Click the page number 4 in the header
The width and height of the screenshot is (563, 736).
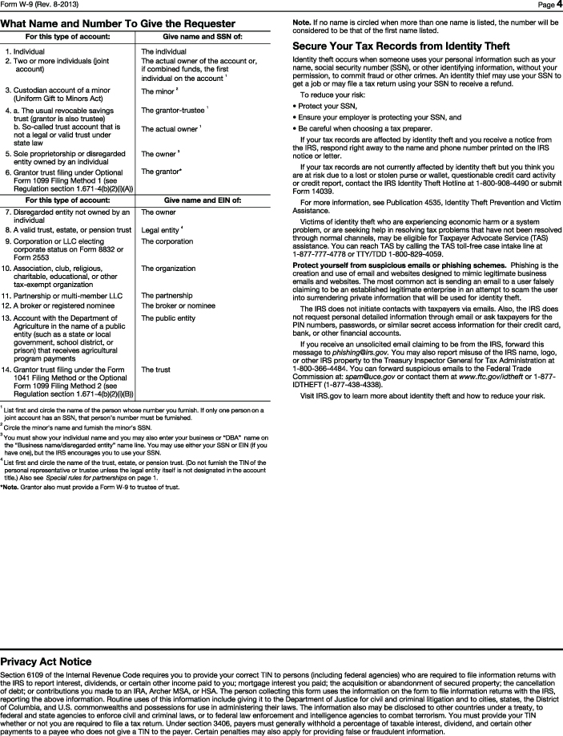(x=557, y=5)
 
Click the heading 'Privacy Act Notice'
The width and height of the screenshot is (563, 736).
(x=46, y=661)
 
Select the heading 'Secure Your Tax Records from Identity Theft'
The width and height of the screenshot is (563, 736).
(x=401, y=47)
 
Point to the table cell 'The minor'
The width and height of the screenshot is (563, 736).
(x=157, y=91)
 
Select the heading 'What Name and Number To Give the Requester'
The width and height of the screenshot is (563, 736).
(x=112, y=24)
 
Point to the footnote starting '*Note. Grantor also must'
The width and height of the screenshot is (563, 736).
(x=90, y=487)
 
